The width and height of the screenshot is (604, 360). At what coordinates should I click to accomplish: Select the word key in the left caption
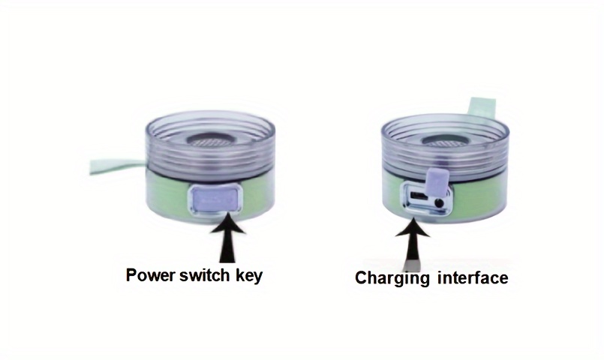click(248, 276)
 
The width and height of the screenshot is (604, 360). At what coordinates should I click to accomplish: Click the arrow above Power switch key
click(227, 238)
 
